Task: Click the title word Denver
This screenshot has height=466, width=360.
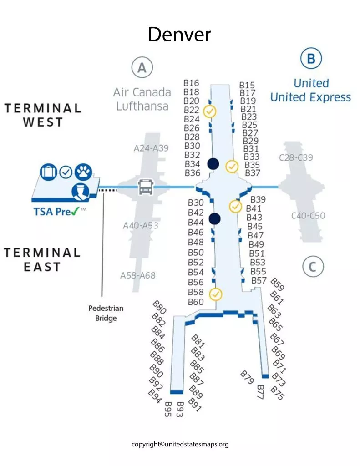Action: [x=179, y=35]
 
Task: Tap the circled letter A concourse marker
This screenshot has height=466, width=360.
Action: [x=142, y=68]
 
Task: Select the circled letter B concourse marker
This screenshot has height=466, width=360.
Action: [x=311, y=59]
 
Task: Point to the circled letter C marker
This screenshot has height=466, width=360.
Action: [x=312, y=267]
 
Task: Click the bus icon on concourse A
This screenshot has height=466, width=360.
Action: [x=146, y=187]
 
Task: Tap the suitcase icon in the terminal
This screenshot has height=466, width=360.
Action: [x=48, y=172]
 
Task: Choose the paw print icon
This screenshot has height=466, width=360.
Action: [x=83, y=172]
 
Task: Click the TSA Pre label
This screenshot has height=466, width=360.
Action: [x=59, y=211]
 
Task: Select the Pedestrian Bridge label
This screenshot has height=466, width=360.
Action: [x=106, y=313]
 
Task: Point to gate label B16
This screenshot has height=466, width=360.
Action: [x=192, y=83]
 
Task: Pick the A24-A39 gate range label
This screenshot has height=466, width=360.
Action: [x=151, y=148]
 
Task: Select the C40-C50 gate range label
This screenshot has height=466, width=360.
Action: [x=308, y=216]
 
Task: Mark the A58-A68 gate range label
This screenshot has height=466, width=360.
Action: [x=137, y=275]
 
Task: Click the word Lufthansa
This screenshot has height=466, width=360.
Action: [x=142, y=106]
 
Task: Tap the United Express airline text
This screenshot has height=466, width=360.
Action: [x=310, y=97]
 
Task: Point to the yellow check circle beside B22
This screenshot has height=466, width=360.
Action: [x=210, y=111]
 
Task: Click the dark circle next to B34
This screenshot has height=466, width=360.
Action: [x=213, y=164]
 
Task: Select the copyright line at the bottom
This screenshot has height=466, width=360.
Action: [x=180, y=444]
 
